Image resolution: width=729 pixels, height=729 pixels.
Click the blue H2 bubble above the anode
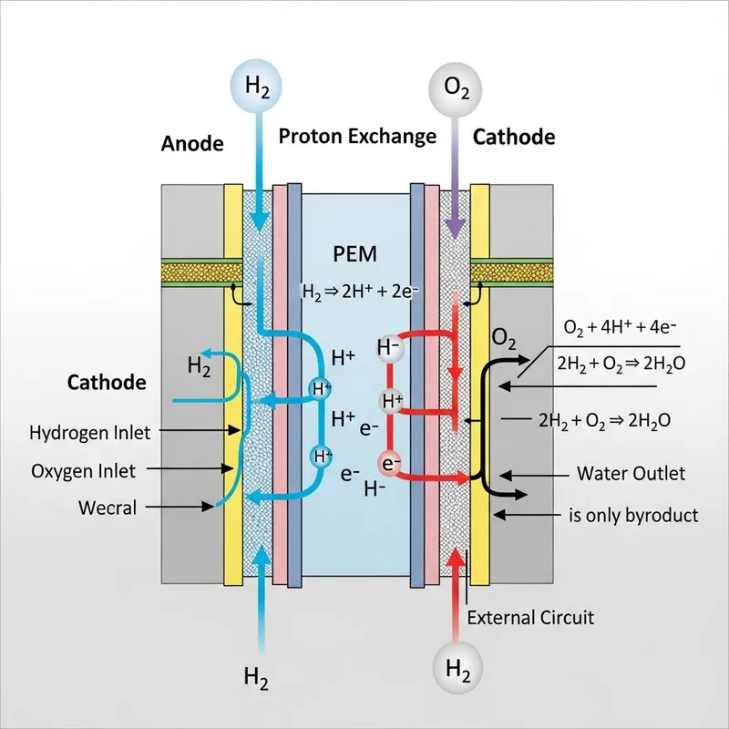(x=258, y=86)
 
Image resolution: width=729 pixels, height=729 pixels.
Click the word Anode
(x=191, y=143)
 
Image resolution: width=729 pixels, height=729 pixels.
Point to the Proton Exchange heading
(x=357, y=137)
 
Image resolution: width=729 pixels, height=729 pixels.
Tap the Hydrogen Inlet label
(x=90, y=431)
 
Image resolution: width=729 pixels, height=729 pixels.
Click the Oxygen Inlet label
(x=83, y=470)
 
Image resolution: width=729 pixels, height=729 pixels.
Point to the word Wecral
(x=107, y=508)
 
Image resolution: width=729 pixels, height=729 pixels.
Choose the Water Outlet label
(x=631, y=474)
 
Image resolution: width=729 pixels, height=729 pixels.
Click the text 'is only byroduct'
(x=633, y=515)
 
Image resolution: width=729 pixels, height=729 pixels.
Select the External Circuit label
(x=530, y=617)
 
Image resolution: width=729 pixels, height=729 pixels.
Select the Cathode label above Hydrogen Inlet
(x=107, y=382)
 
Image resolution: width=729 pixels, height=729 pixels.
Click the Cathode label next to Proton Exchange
(x=514, y=137)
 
